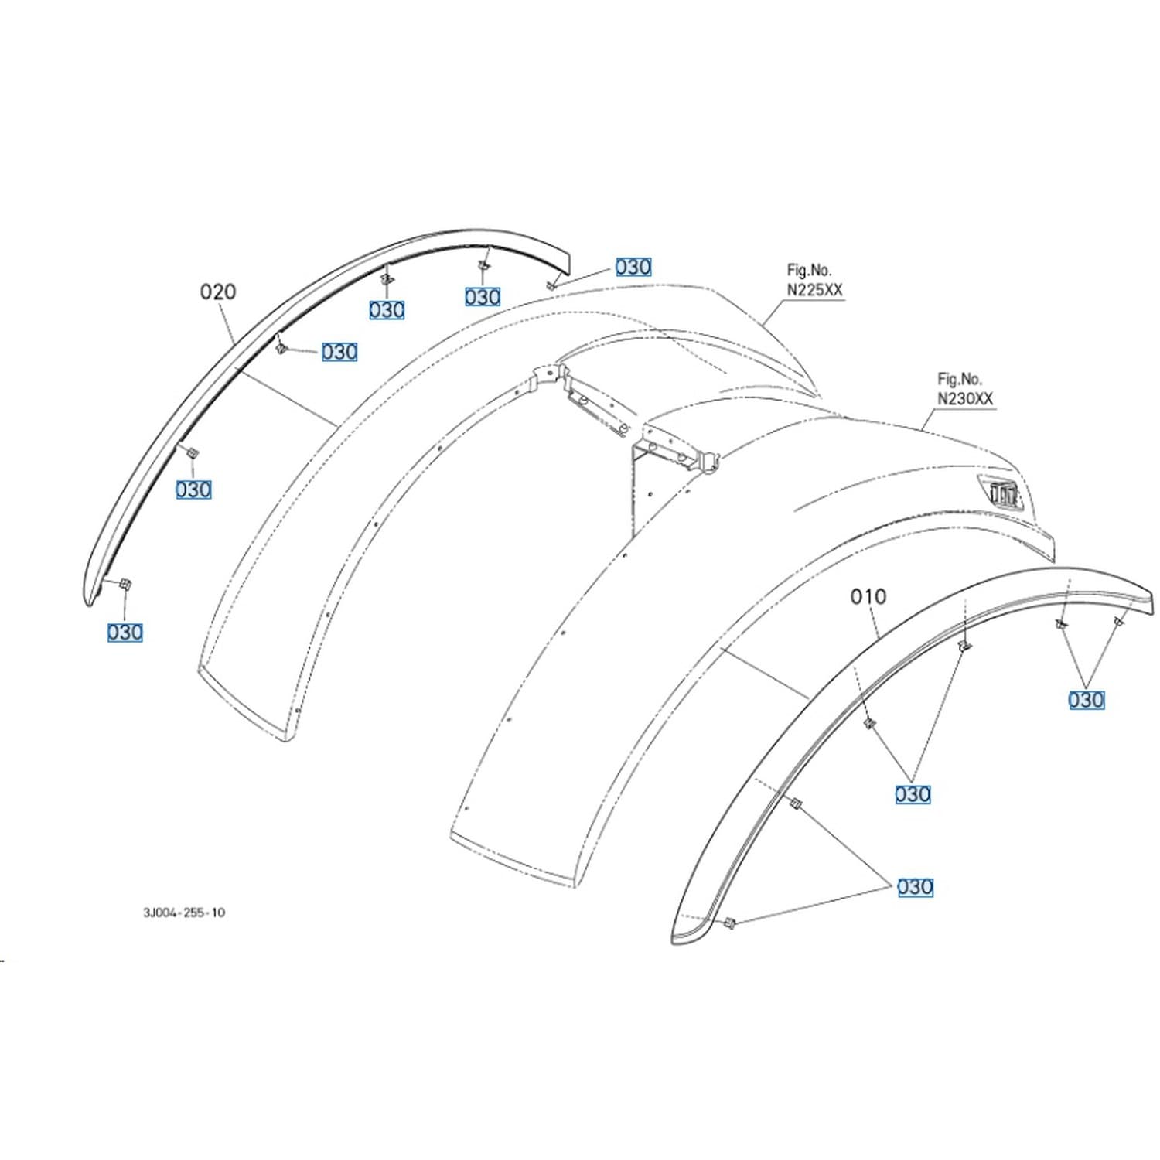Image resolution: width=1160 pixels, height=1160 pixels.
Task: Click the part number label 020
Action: pyautogui.click(x=218, y=292)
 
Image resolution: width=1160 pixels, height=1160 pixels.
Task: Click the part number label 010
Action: pyautogui.click(x=868, y=596)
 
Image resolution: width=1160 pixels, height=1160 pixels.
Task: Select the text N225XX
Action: pyautogui.click(x=815, y=289)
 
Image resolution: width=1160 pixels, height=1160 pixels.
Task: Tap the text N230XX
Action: pyautogui.click(x=966, y=398)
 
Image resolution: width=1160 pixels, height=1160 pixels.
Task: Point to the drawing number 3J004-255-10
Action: pyautogui.click(x=184, y=913)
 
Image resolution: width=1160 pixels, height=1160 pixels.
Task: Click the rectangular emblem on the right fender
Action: pyautogui.click(x=1003, y=492)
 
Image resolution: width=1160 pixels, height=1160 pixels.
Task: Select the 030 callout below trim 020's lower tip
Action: pyautogui.click(x=125, y=633)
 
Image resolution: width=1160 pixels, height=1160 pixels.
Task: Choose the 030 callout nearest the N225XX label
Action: pyautogui.click(x=633, y=267)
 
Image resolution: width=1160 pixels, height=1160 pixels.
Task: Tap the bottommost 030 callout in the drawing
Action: pyautogui.click(x=915, y=887)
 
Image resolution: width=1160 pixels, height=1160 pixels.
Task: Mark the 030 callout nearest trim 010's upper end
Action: pyautogui.click(x=1087, y=700)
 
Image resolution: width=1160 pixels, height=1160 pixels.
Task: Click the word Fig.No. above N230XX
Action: pyautogui.click(x=960, y=380)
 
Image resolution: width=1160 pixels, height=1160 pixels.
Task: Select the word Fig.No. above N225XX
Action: pyautogui.click(x=810, y=271)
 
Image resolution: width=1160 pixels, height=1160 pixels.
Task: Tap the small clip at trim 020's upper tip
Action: pyautogui.click(x=550, y=285)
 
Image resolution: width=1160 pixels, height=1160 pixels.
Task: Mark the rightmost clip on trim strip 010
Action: pyautogui.click(x=1117, y=621)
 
